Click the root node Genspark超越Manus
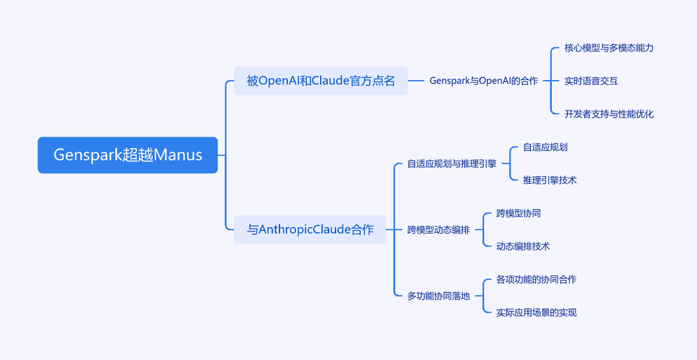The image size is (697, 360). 128,155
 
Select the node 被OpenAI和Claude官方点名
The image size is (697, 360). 321,81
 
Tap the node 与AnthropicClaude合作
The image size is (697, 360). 310,230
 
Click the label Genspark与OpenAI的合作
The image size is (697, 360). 483,81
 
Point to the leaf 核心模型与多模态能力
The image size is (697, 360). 609,48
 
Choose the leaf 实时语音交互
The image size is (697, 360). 591,81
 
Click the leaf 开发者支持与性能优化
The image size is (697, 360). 609,114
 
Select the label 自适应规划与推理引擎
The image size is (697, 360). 452,164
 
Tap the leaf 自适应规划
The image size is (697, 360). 545,147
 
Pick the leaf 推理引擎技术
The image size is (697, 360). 549,180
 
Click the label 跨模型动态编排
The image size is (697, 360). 438,230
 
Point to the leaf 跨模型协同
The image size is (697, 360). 518,214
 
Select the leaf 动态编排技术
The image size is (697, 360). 523,246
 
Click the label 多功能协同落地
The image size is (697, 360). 438,296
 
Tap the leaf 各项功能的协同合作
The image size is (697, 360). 536,279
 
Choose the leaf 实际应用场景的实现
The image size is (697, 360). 536,312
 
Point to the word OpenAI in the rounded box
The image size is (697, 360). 279,81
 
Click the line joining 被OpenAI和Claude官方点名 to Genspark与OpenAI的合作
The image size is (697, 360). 416,81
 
